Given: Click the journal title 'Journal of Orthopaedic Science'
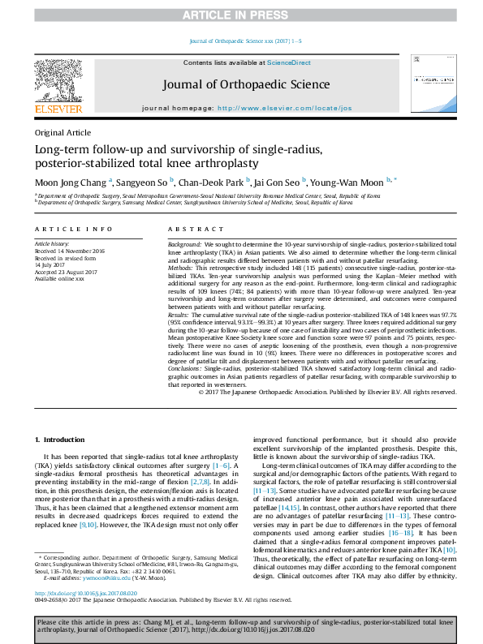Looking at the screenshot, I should tap(246, 84).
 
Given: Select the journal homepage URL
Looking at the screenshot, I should tap(285, 108).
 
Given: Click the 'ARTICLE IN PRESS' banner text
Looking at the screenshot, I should tap(241, 15).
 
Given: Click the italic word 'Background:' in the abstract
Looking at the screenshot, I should tap(184, 244).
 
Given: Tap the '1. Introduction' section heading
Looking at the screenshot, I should tap(62, 440).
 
